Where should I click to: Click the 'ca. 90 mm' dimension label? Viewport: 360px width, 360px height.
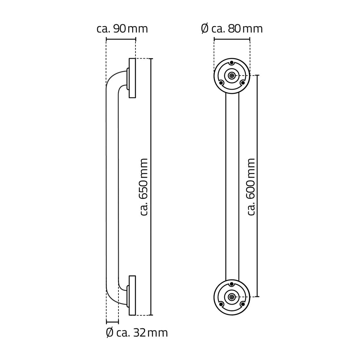(122, 29)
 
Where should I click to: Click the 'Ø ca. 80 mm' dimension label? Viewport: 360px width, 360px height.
(232, 29)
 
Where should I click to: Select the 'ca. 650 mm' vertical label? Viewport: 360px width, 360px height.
(144, 187)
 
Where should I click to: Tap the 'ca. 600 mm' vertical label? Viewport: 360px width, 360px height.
(251, 187)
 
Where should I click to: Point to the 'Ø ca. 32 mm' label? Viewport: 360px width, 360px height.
(137, 333)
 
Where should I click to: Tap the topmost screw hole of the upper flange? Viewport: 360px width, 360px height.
(232, 63)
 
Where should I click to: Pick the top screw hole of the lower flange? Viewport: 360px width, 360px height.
(232, 284)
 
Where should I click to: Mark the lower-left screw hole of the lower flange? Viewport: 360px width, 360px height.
(221, 304)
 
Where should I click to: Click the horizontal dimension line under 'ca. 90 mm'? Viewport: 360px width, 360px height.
(121, 39)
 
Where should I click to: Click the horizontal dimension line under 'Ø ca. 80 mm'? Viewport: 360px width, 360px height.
(232, 39)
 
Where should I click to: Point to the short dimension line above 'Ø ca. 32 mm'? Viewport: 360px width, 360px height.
(112, 322)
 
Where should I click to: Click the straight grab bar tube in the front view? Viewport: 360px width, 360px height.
(232, 187)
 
